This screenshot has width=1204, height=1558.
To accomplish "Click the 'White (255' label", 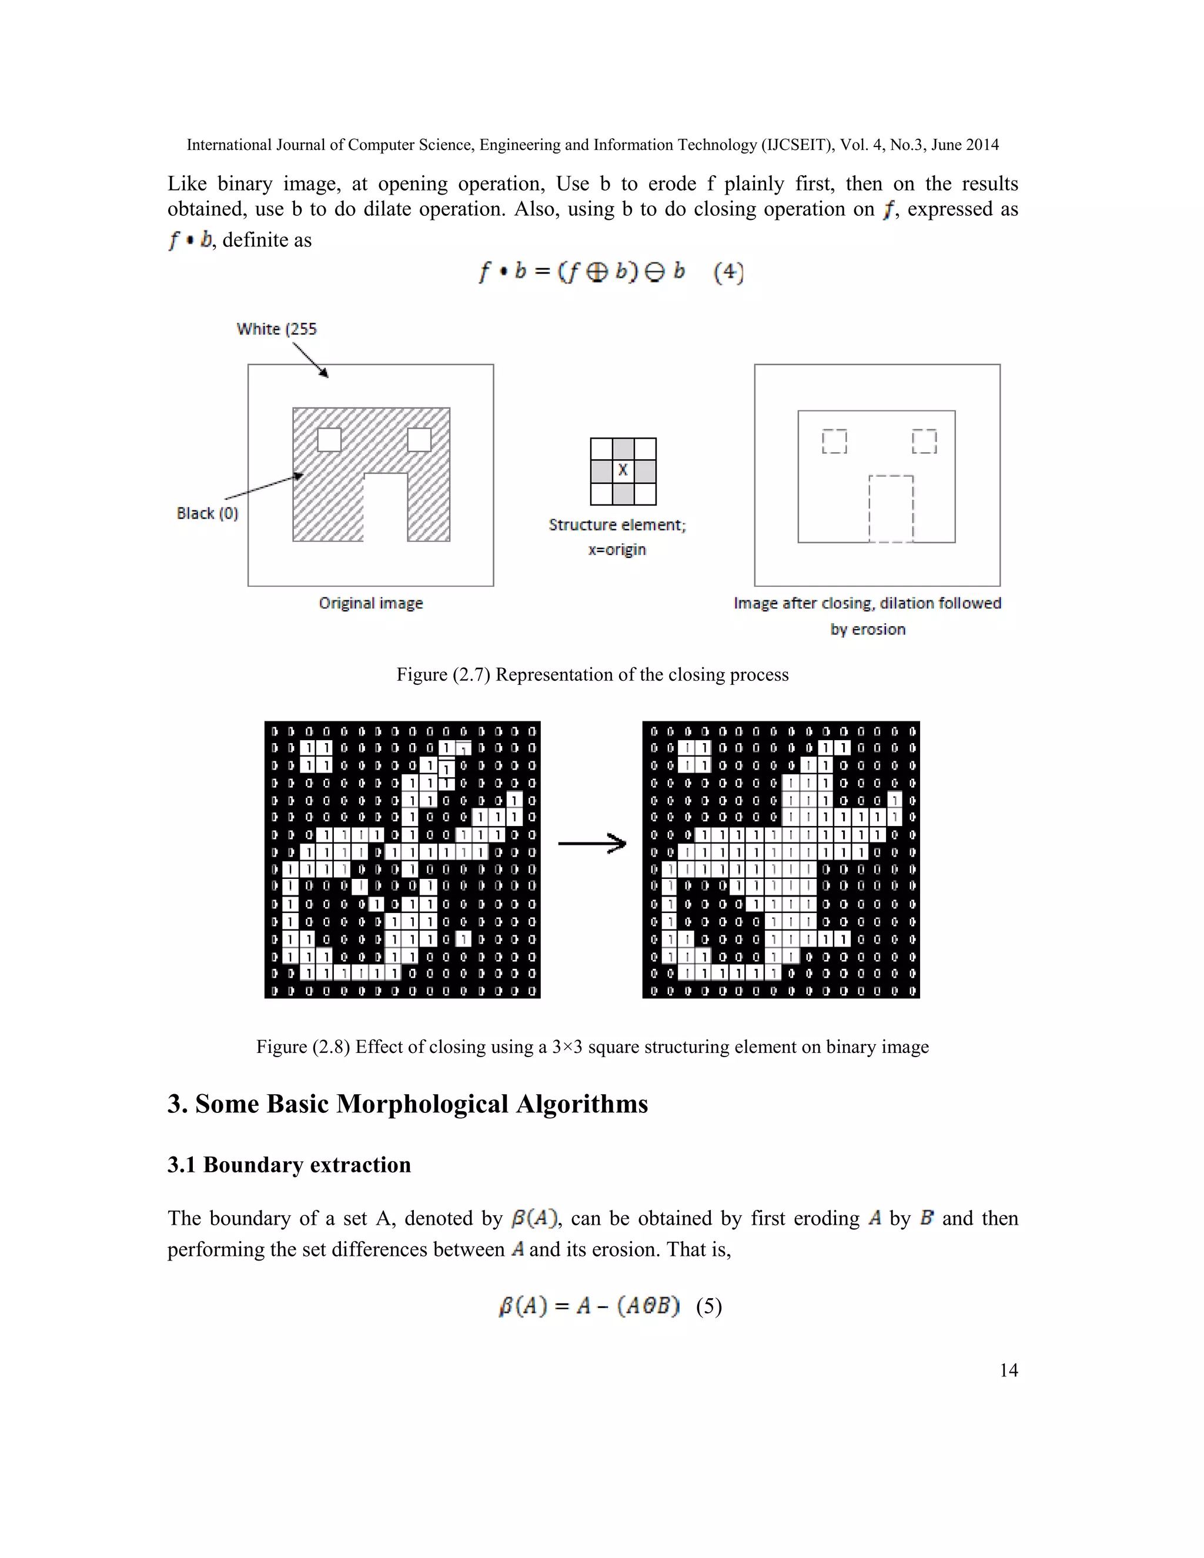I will [x=277, y=329].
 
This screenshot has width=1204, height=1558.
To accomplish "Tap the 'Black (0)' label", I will [x=207, y=514].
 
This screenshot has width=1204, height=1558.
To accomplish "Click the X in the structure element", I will [x=623, y=470].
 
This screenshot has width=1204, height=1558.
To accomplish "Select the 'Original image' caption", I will [x=370, y=604].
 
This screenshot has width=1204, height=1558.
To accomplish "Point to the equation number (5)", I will [x=709, y=1306].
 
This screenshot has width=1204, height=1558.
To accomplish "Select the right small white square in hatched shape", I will [x=419, y=439].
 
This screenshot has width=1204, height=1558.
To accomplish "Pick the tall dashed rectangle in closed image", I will [x=891, y=509].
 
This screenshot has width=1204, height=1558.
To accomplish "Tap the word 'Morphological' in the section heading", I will [x=420, y=1104].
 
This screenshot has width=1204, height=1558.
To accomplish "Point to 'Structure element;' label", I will [x=617, y=525].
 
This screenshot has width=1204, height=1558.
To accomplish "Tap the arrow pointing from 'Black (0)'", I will [x=264, y=487].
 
